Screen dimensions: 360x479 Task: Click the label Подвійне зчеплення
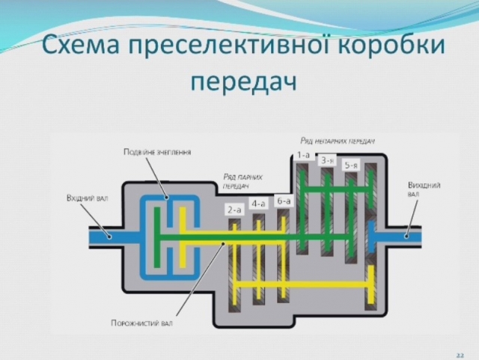tap(157, 152)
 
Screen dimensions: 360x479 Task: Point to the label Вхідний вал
tap(88, 199)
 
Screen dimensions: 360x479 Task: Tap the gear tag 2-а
tap(234, 210)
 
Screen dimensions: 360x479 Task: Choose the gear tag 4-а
tap(258, 203)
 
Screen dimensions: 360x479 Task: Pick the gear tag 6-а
tap(283, 201)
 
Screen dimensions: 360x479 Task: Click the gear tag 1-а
tap(303, 155)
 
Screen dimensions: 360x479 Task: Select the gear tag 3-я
tap(326, 160)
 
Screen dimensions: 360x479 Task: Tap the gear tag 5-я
tap(350, 165)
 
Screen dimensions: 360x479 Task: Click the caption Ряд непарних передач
tap(337, 140)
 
